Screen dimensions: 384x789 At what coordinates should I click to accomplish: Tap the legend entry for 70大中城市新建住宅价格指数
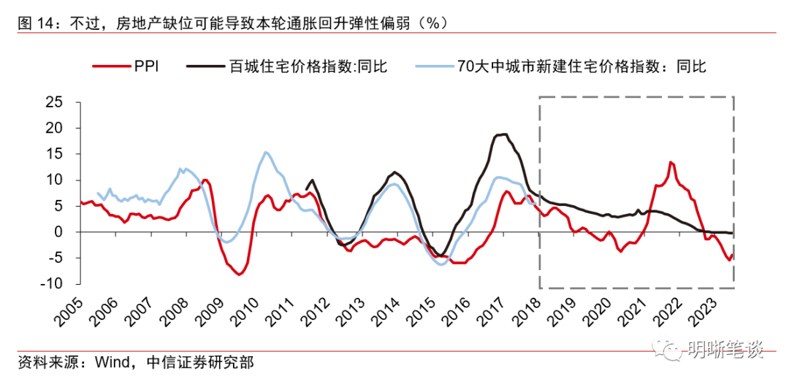pos(581,67)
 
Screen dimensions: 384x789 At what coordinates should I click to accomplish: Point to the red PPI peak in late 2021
pos(671,162)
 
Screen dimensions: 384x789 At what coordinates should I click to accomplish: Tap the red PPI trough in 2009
pos(239,274)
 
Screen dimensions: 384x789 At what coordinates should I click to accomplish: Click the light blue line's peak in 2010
pos(265,152)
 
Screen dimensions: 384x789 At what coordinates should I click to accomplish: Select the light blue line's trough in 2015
pos(442,264)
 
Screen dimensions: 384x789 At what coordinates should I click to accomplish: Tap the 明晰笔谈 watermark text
pos(725,351)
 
